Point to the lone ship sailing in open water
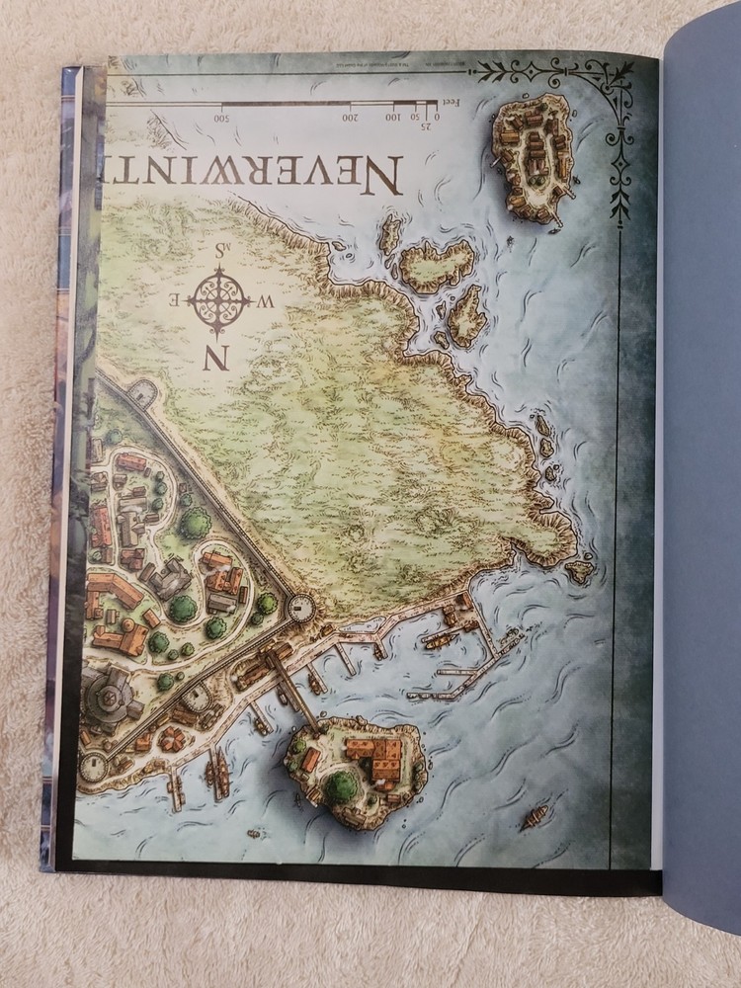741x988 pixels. (535, 816)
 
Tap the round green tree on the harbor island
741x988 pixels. (342, 786)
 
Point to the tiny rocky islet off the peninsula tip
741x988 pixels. (579, 570)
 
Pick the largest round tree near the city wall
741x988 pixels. (195, 523)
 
